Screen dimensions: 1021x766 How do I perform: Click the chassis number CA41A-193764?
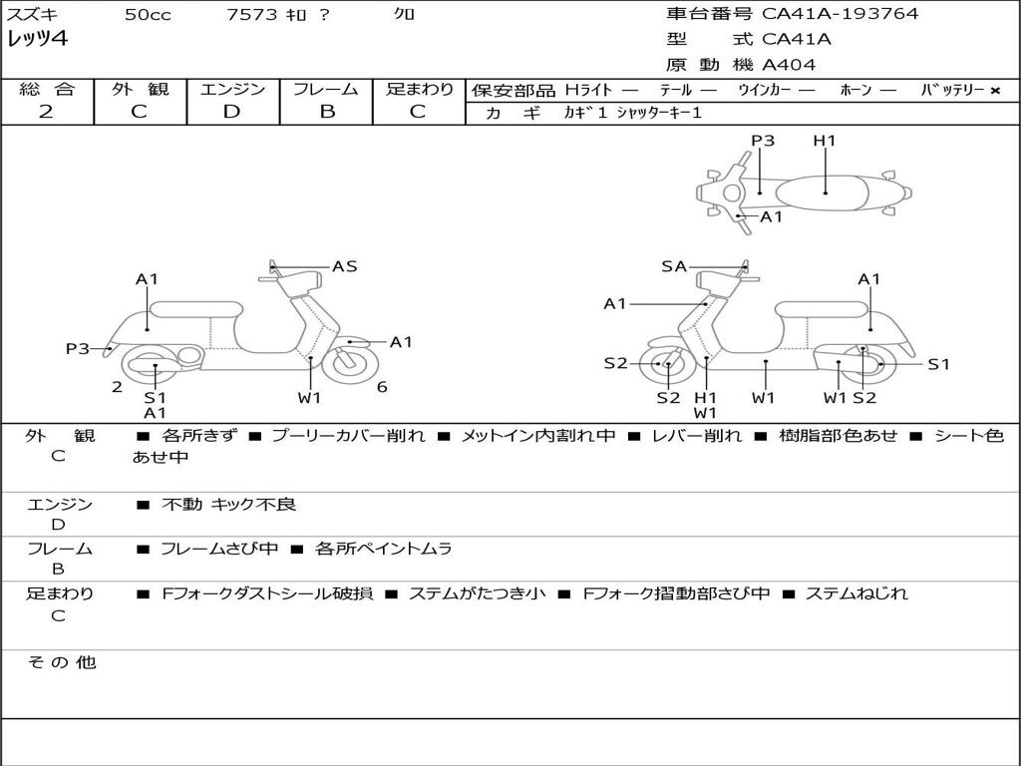tap(840, 14)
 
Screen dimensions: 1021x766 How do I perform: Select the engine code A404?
tap(789, 65)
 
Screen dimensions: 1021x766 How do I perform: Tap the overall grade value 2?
tap(46, 112)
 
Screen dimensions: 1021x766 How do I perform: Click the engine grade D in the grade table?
tap(231, 112)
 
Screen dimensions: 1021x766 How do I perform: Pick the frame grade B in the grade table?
tap(326, 112)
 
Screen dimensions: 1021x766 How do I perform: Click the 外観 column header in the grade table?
tap(140, 90)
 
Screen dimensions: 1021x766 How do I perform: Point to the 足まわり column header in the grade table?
tap(419, 90)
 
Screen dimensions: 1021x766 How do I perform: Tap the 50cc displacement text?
tap(148, 15)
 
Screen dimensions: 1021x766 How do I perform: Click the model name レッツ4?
tap(37, 40)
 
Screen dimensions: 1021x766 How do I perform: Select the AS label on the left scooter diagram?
tap(344, 266)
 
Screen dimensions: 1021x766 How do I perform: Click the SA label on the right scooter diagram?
tap(674, 266)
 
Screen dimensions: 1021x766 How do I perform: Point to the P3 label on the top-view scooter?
tap(763, 141)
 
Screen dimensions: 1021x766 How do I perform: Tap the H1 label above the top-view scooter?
tap(825, 141)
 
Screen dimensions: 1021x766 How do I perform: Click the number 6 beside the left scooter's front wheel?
tap(382, 387)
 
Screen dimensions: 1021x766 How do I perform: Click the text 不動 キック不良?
tap(229, 505)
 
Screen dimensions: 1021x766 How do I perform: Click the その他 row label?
tap(62, 662)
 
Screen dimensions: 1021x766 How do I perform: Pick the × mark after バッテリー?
tap(994, 91)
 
